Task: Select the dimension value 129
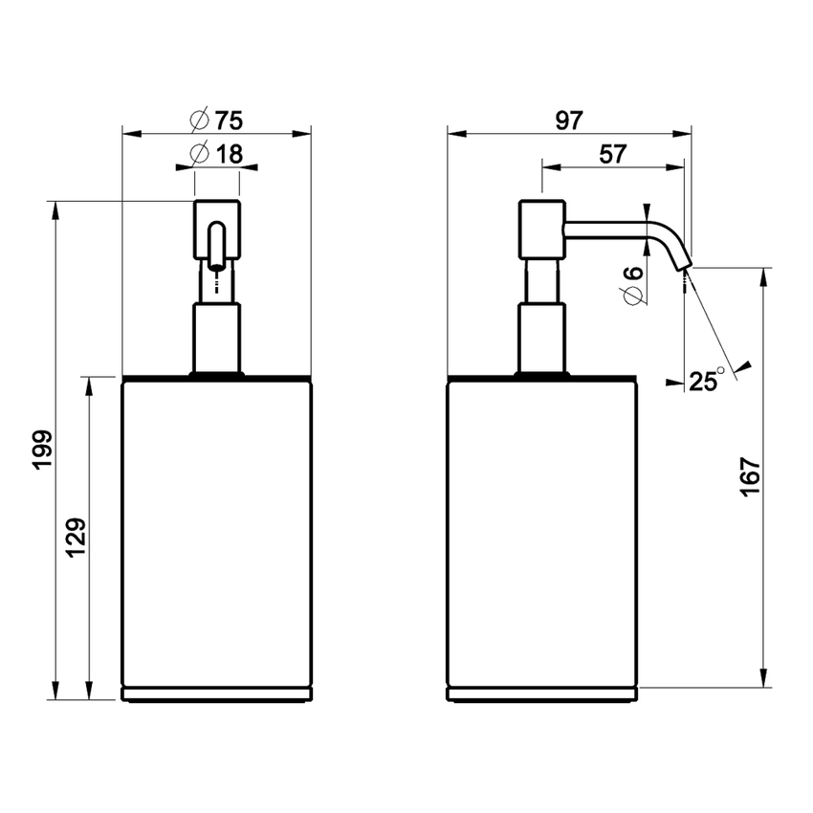click(77, 538)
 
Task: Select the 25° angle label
click(706, 382)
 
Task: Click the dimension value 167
click(749, 476)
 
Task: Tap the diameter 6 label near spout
click(632, 284)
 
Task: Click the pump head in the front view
click(217, 229)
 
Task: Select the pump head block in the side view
click(541, 229)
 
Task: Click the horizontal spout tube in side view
click(607, 227)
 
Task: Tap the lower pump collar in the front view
click(217, 337)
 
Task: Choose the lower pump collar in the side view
click(541, 337)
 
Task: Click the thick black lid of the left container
click(217, 379)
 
